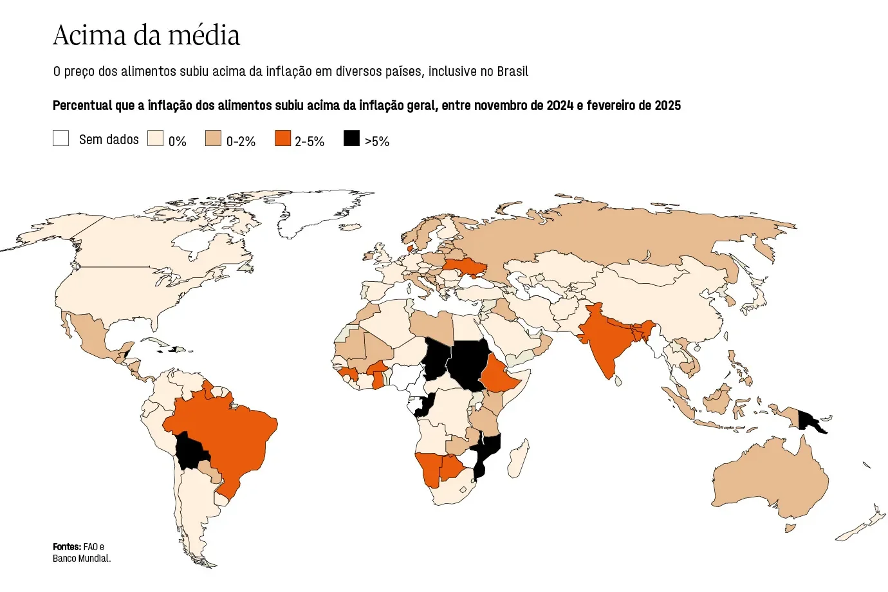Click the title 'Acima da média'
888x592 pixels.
[x=146, y=35]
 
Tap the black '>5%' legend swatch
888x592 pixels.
[x=351, y=138]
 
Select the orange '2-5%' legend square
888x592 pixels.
[x=282, y=138]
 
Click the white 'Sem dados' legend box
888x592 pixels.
[x=61, y=138]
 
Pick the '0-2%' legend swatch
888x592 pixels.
[x=213, y=138]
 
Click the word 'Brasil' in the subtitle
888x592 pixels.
[x=512, y=71]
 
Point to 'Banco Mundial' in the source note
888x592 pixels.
[x=81, y=559]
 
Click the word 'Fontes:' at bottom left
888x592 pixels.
[x=67, y=547]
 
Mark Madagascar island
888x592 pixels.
[x=519, y=459]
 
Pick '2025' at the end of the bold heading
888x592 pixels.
[x=667, y=106]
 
